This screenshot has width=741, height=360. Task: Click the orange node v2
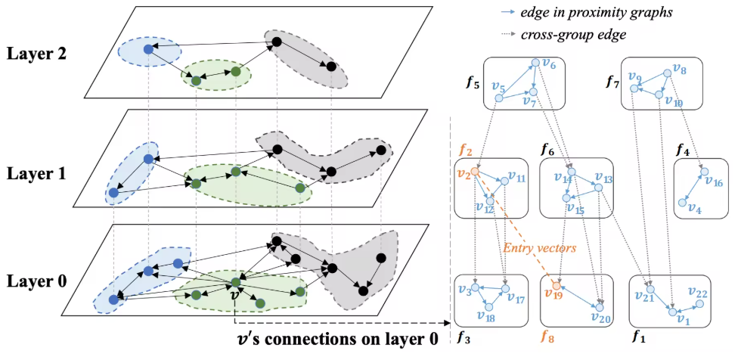[475, 172]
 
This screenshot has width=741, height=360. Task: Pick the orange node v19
[557, 287]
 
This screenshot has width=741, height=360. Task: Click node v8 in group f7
[667, 73]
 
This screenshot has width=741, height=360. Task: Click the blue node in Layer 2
[148, 49]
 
